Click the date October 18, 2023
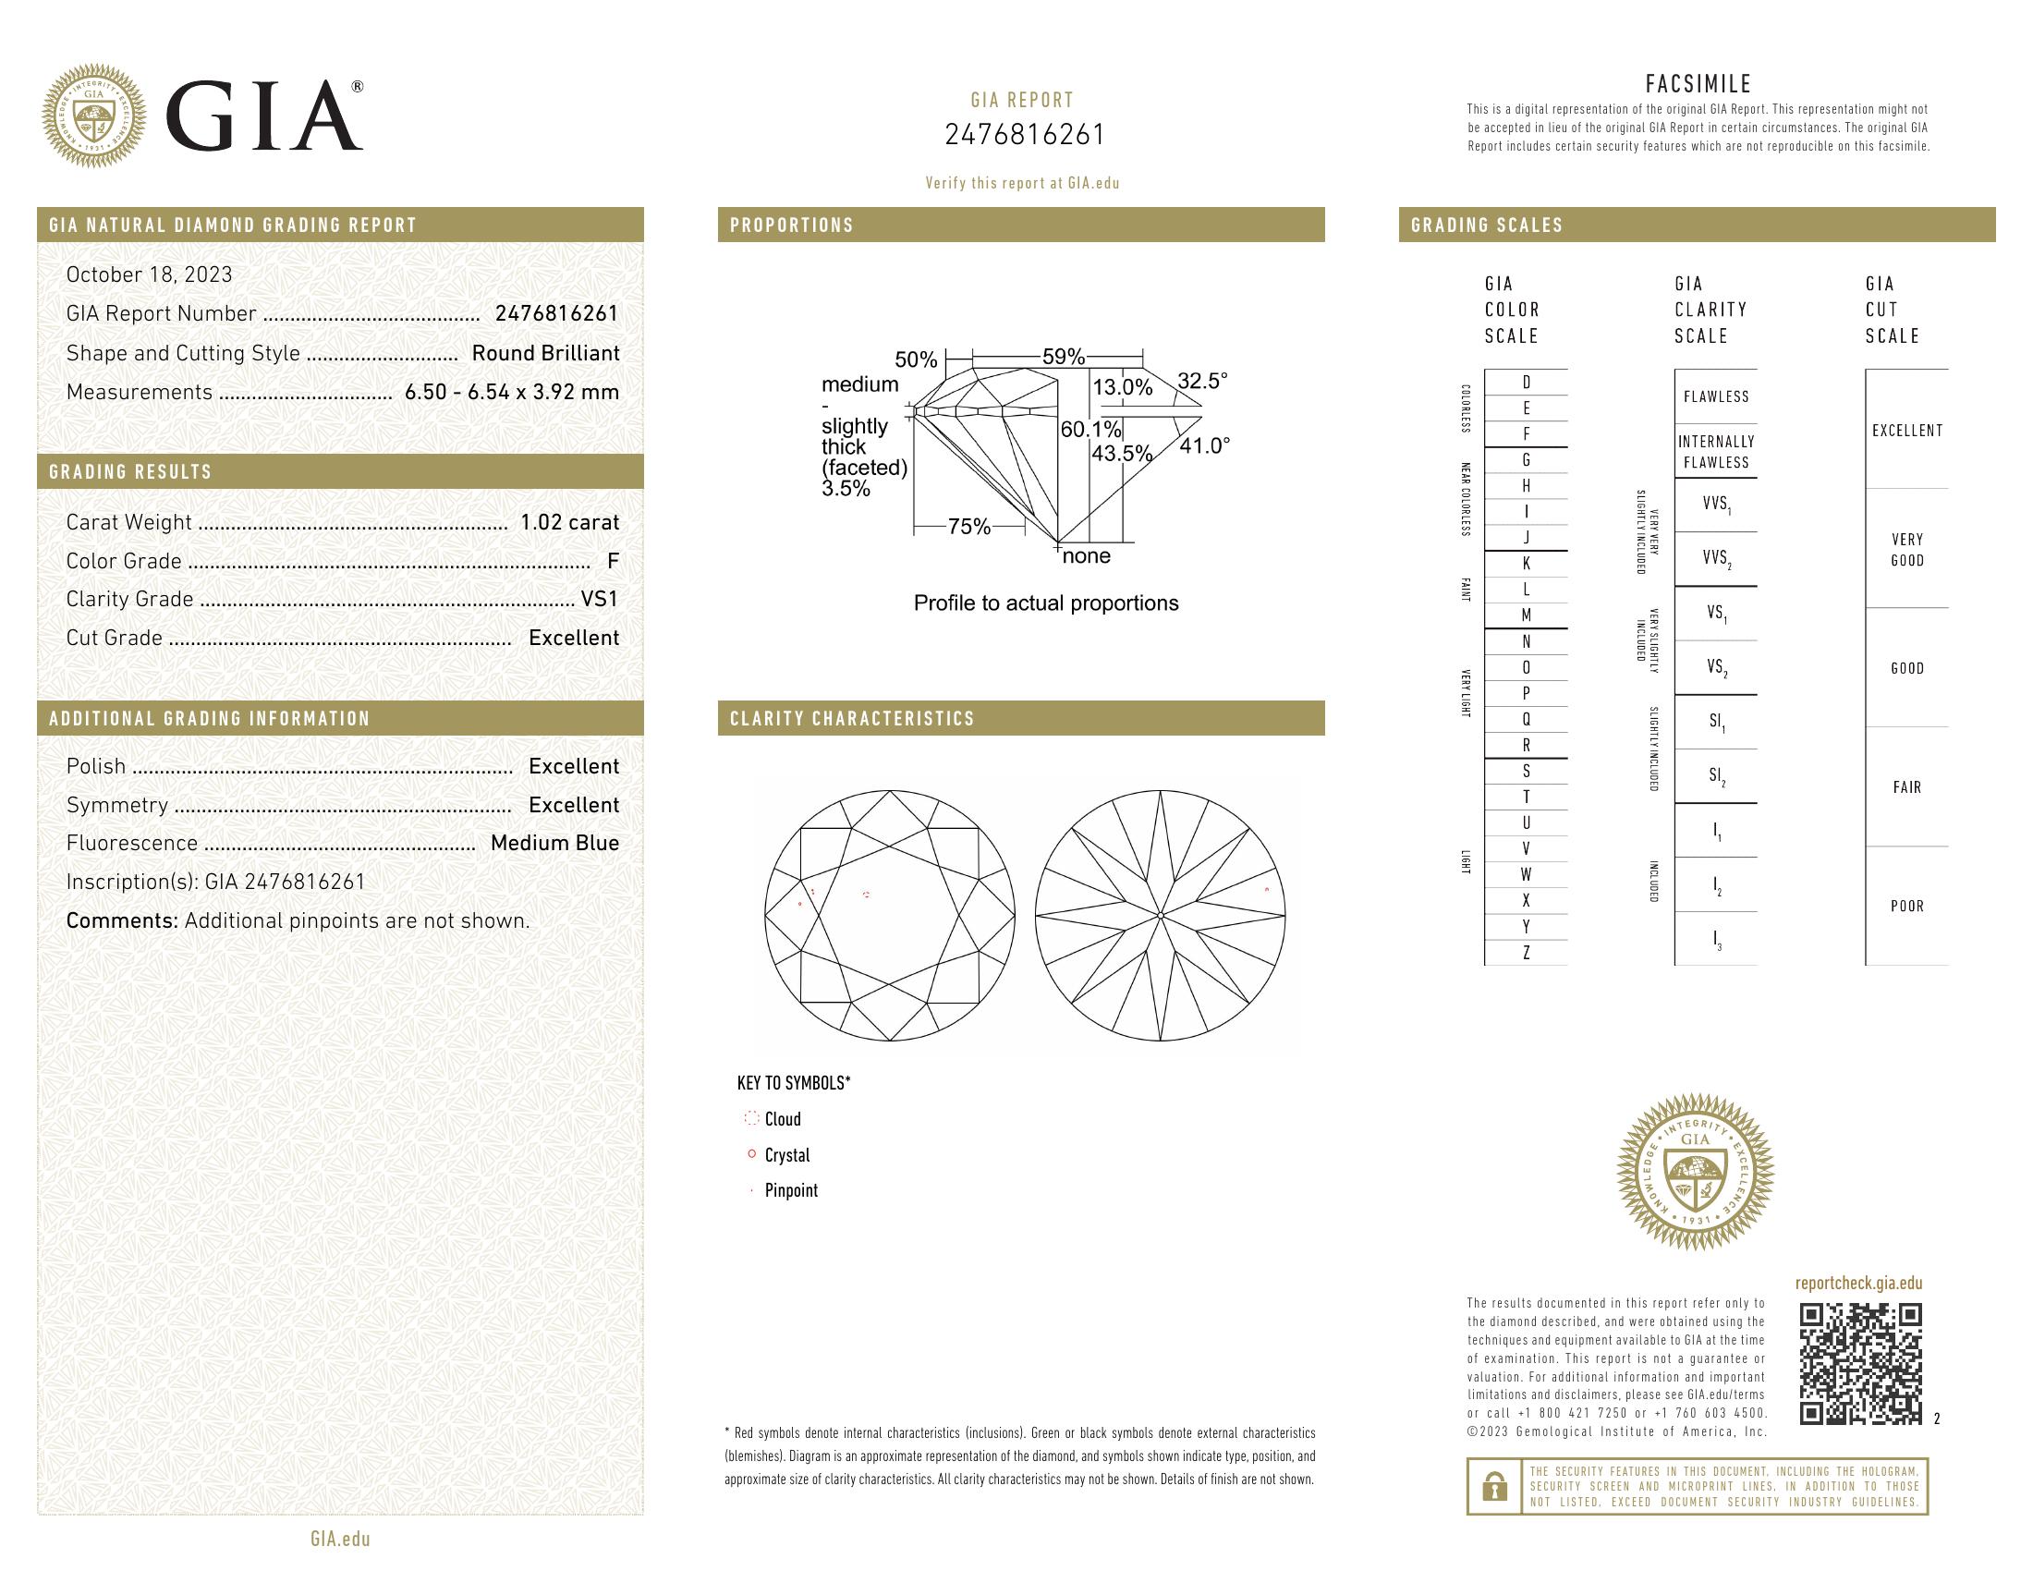pyautogui.click(x=149, y=274)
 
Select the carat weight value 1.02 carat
pyautogui.click(x=568, y=522)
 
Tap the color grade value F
pyautogui.click(x=613, y=561)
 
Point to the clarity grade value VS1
pyautogui.click(x=600, y=600)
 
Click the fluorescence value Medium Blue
pyautogui.click(x=554, y=843)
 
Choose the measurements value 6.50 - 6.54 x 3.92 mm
pyautogui.click(x=511, y=393)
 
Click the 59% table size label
pyautogui.click(x=1063, y=357)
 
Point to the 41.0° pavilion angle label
pyautogui.click(x=1204, y=445)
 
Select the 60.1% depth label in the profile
pyautogui.click(x=1091, y=429)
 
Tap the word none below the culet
pyautogui.click(x=1087, y=556)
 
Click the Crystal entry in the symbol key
pyautogui.click(x=786, y=1155)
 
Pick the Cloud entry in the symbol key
pyautogui.click(x=782, y=1120)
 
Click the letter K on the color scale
pyautogui.click(x=1526, y=564)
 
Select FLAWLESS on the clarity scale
pyautogui.click(x=1716, y=397)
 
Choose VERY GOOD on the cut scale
pyautogui.click(x=1906, y=550)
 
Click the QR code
pyautogui.click(x=1860, y=1363)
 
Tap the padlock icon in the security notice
pyautogui.click(x=1494, y=1486)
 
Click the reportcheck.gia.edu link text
pyautogui.click(x=1858, y=1284)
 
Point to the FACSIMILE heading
pyautogui.click(x=1698, y=84)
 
